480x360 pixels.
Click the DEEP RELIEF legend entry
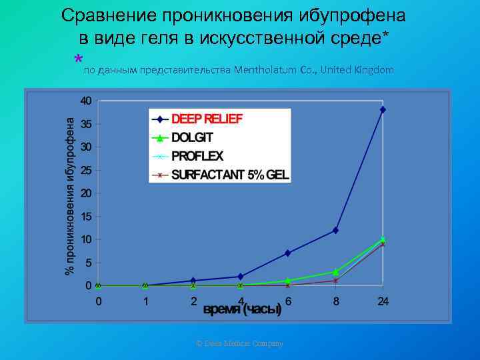point(207,119)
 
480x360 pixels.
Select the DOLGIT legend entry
point(191,138)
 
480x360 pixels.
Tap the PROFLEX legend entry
point(197,157)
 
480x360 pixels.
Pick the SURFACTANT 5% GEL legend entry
point(230,175)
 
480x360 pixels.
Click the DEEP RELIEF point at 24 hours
point(383,109)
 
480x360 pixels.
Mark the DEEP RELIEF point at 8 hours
point(335,230)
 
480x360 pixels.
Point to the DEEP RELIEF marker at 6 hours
point(288,253)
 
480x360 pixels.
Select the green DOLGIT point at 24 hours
point(383,239)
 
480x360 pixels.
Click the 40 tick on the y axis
point(85,101)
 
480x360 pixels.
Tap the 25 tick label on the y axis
point(85,170)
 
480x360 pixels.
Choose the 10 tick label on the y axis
point(85,239)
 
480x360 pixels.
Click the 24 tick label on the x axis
point(383,301)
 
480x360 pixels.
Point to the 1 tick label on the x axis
point(146,301)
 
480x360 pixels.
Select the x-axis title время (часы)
point(241,310)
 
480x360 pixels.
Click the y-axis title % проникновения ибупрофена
point(69,193)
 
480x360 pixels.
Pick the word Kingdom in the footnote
point(374,70)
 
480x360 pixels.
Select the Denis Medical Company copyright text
point(239,343)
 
